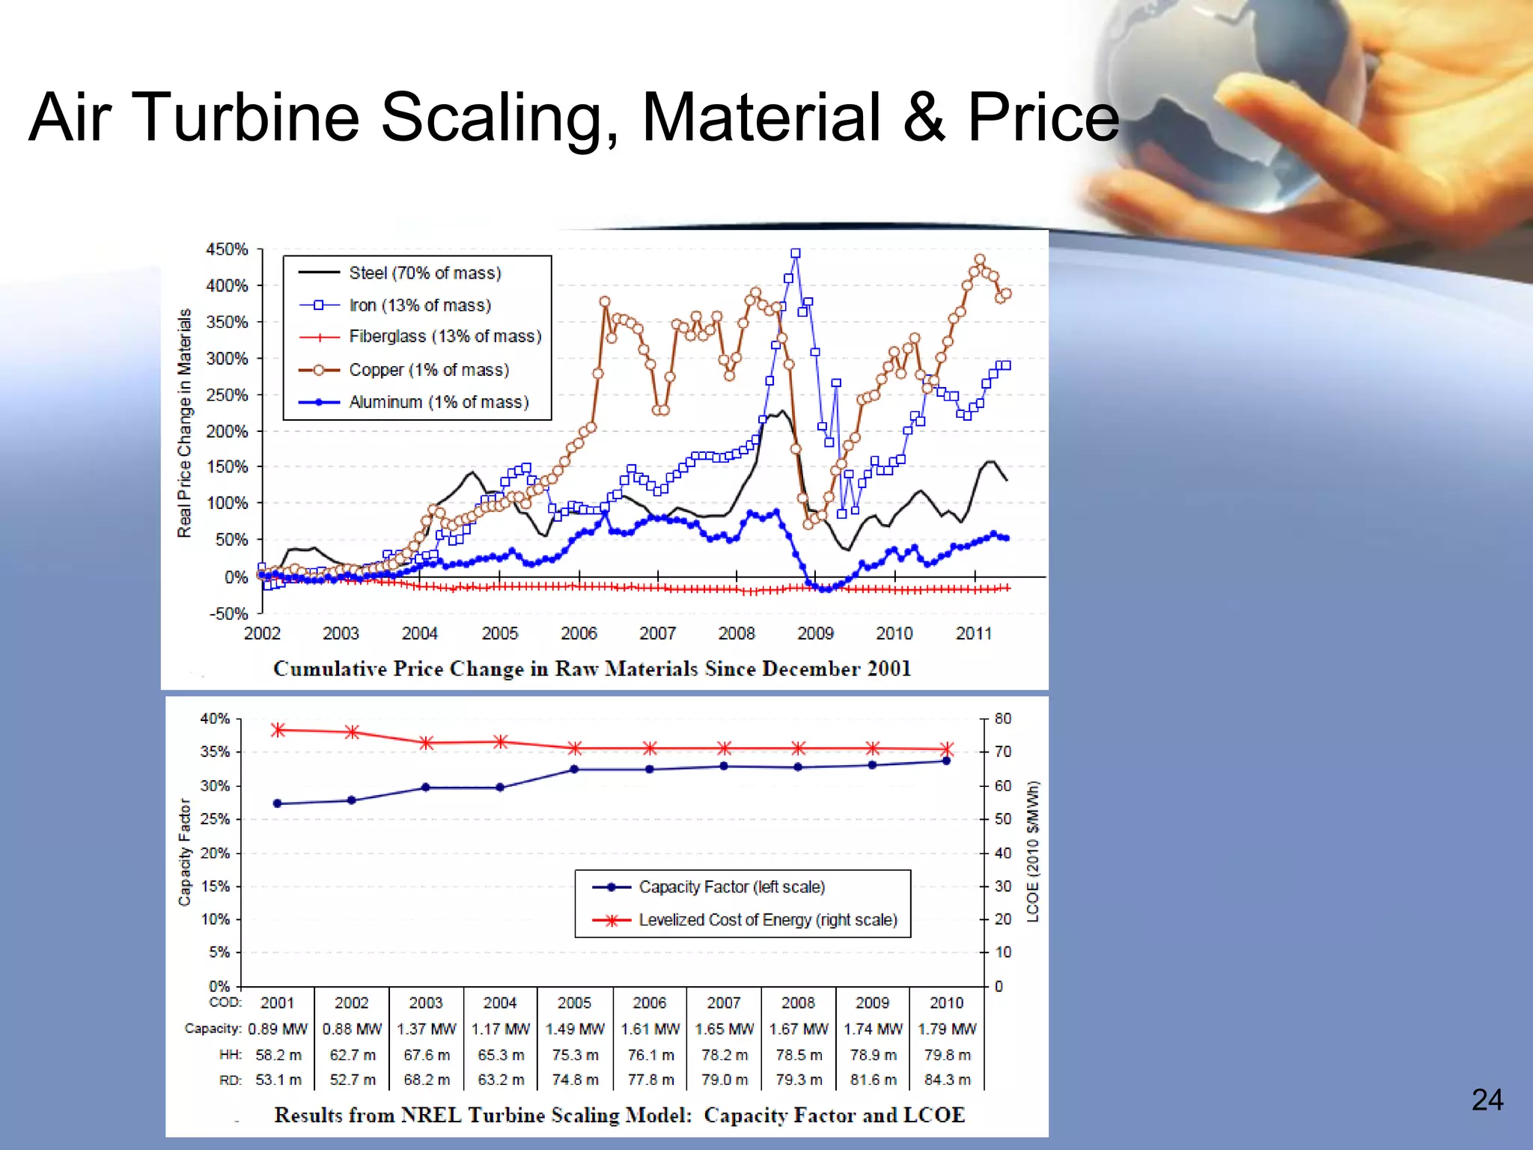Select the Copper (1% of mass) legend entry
428,370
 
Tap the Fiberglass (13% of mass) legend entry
445,337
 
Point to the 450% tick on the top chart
226,249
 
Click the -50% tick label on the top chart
228,614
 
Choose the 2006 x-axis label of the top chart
579,633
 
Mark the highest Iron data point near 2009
796,254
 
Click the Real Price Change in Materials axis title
184,423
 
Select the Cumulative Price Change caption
591,669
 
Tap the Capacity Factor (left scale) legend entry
731,887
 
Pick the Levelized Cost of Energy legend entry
767,920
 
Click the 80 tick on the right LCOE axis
1002,719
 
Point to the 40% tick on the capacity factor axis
215,719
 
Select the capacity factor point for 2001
278,803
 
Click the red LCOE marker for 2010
947,749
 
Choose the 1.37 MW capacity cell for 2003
426,1029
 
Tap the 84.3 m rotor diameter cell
947,1080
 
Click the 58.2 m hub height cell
278,1055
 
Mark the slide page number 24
1487,1100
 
